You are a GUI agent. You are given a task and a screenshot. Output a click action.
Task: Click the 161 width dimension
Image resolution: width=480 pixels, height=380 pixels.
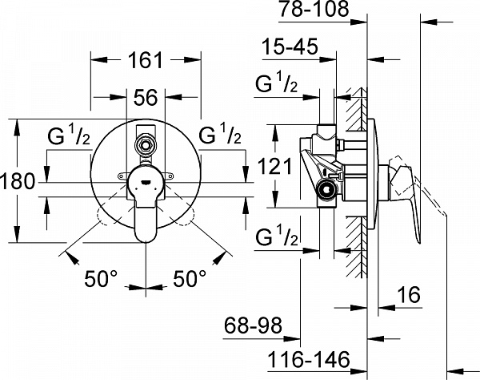click(x=145, y=60)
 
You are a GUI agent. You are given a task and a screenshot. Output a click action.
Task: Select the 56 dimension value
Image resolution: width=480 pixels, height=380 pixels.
click(x=145, y=97)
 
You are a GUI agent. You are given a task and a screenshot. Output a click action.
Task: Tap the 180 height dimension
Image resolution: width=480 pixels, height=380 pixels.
click(x=18, y=181)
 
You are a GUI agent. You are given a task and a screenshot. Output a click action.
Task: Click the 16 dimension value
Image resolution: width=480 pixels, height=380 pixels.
click(x=409, y=295)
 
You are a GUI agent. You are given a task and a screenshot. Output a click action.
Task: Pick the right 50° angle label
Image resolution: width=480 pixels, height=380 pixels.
click(x=191, y=281)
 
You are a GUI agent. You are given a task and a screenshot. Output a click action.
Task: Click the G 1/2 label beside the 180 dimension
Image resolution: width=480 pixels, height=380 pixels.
click(x=66, y=136)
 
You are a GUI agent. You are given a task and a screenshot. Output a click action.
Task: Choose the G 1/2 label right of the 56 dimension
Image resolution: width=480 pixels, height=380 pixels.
click(x=219, y=136)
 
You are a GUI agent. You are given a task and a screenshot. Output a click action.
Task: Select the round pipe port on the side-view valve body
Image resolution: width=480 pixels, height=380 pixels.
click(x=325, y=190)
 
